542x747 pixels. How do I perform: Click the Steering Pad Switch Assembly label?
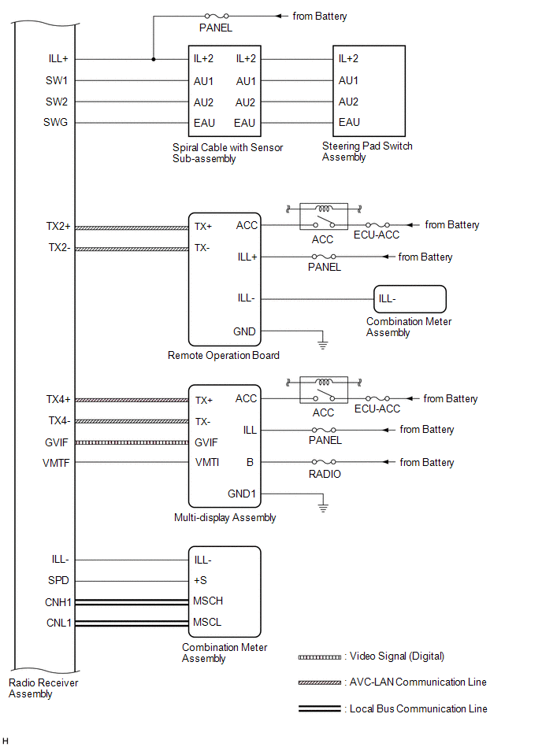(x=367, y=151)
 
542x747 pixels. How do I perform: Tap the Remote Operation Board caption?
(x=224, y=356)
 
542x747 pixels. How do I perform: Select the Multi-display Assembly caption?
(x=225, y=518)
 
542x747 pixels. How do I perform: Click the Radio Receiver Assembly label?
(x=43, y=688)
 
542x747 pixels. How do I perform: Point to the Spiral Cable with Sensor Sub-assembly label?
(x=228, y=153)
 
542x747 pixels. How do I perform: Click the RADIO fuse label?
(x=325, y=474)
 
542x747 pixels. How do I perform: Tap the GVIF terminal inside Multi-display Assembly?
(x=206, y=442)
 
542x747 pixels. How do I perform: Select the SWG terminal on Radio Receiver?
(x=55, y=123)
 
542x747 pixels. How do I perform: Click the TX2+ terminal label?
(x=58, y=226)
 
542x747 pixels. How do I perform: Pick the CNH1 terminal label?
(x=58, y=602)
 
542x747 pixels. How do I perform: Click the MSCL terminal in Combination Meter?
(x=207, y=622)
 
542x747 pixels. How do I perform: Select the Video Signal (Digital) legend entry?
(x=371, y=656)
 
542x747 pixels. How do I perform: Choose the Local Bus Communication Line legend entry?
(x=393, y=709)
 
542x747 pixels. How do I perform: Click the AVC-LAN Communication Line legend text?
(x=418, y=682)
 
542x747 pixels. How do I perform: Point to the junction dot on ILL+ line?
(x=154, y=60)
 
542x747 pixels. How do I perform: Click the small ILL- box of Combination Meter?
(x=410, y=299)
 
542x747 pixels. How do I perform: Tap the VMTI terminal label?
(x=207, y=462)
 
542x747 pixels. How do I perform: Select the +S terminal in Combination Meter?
(x=200, y=580)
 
